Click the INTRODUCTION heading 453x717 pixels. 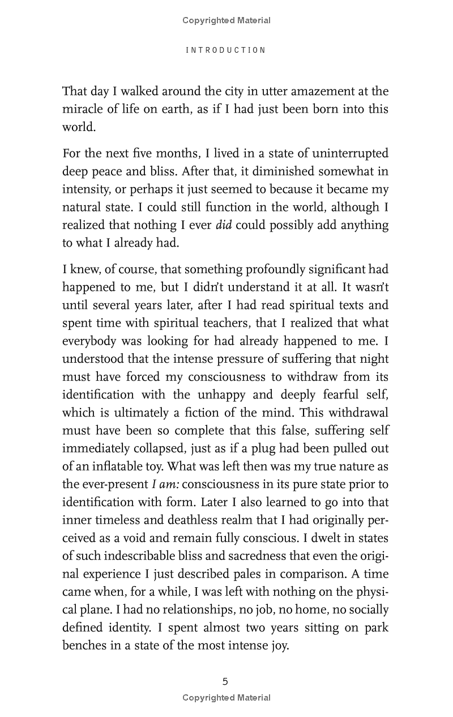[226, 50]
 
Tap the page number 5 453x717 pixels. [225, 681]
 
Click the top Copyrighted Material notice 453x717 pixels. [226, 20]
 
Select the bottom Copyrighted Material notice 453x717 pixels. [226, 698]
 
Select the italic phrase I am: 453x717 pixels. [166, 484]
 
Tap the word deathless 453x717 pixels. [195, 520]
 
